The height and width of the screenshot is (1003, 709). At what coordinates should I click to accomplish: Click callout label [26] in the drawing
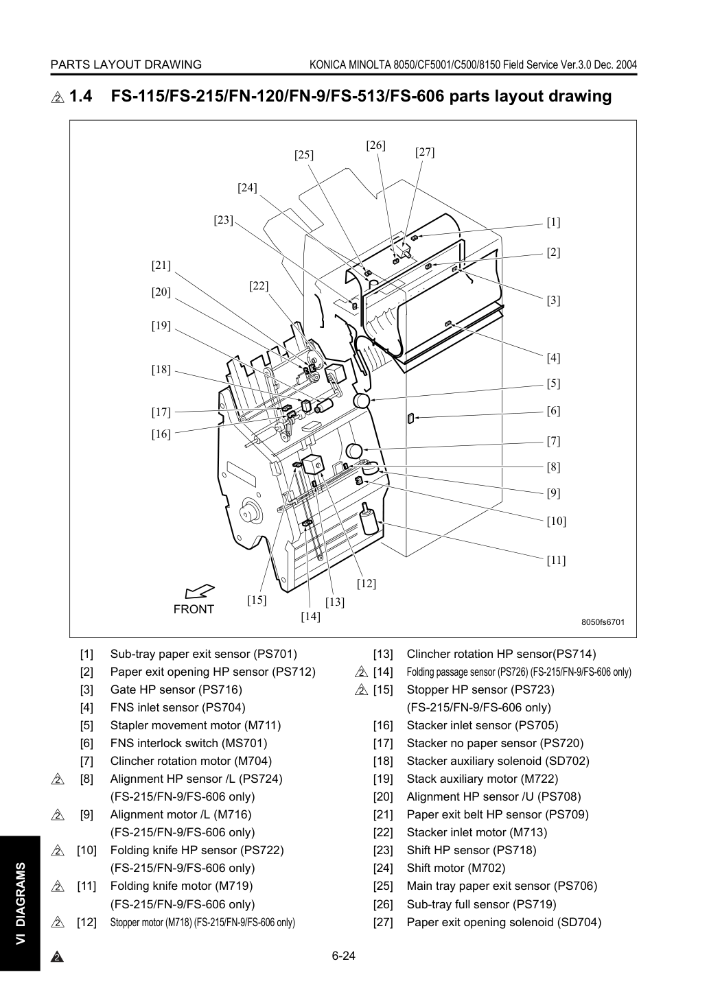[375, 145]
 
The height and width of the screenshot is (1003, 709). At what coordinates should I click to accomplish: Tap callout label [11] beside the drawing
[556, 560]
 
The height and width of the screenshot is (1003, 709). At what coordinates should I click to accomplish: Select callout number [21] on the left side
[161, 265]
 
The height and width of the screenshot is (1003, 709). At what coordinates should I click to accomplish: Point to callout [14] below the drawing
[310, 617]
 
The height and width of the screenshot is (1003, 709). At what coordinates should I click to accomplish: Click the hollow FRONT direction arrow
[200, 591]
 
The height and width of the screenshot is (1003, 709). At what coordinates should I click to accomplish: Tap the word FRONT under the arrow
[194, 609]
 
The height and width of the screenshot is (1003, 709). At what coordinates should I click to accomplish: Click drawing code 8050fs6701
[603, 622]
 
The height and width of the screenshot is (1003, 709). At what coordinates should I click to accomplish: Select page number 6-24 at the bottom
[344, 956]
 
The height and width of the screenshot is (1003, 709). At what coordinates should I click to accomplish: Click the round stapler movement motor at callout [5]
[361, 401]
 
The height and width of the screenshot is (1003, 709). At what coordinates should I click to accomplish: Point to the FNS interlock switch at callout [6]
[410, 418]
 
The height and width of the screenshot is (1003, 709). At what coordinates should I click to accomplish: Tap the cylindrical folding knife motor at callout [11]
[368, 519]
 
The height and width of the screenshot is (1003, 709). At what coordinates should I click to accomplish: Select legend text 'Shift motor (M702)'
[456, 868]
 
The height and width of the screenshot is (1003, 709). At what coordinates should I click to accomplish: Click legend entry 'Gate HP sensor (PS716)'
[176, 689]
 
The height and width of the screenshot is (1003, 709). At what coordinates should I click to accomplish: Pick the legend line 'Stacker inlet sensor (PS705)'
[483, 725]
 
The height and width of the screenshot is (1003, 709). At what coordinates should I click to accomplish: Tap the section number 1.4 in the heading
[80, 96]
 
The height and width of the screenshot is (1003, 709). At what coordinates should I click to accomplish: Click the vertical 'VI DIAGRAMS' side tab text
[21, 902]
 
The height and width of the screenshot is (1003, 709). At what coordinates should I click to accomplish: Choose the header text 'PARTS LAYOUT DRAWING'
[126, 64]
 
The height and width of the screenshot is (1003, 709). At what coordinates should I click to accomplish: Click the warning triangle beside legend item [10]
[58, 850]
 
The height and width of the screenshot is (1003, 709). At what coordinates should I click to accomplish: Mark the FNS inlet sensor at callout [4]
[448, 323]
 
